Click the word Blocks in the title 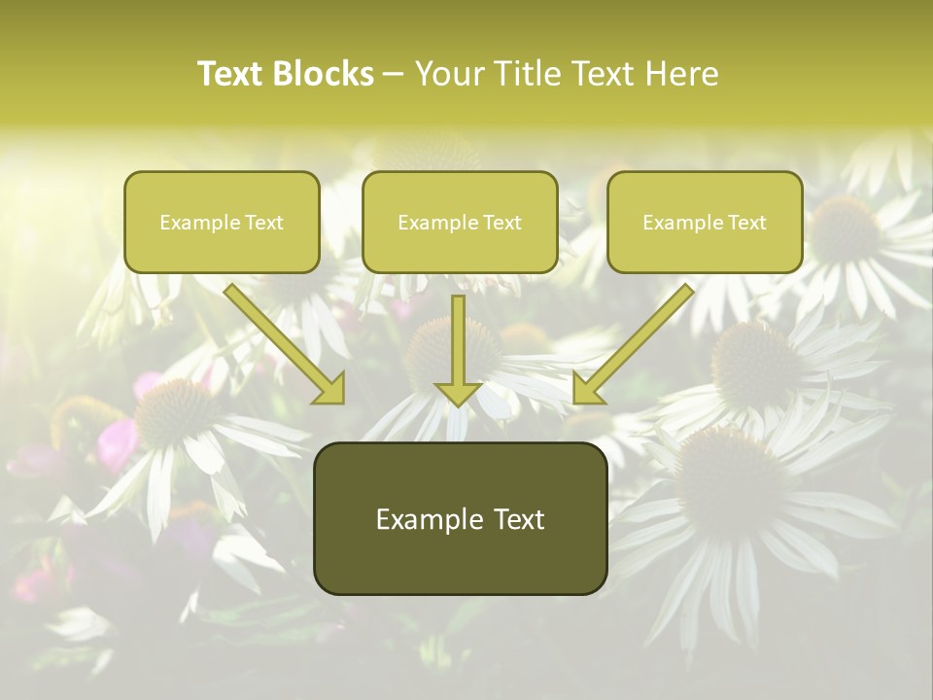tap(323, 74)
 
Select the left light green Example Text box tap(222, 223)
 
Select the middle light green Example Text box tap(460, 223)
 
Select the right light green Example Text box tap(705, 223)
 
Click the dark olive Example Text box tap(460, 518)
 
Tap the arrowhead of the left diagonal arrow tap(330, 389)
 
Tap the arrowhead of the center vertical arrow tap(458, 392)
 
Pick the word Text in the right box tap(747, 223)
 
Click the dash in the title tap(394, 75)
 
